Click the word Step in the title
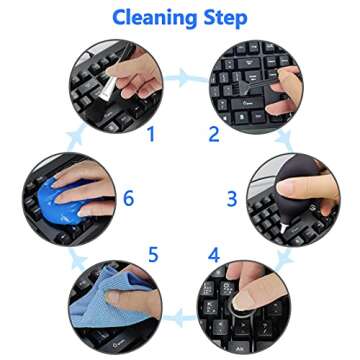coord(226,17)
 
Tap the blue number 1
coord(150,133)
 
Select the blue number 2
coord(212,133)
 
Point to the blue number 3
coord(232,198)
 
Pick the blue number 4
coord(213,255)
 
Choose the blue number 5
coord(153,255)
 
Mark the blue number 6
coord(128,198)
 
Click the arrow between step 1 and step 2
coord(180,74)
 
